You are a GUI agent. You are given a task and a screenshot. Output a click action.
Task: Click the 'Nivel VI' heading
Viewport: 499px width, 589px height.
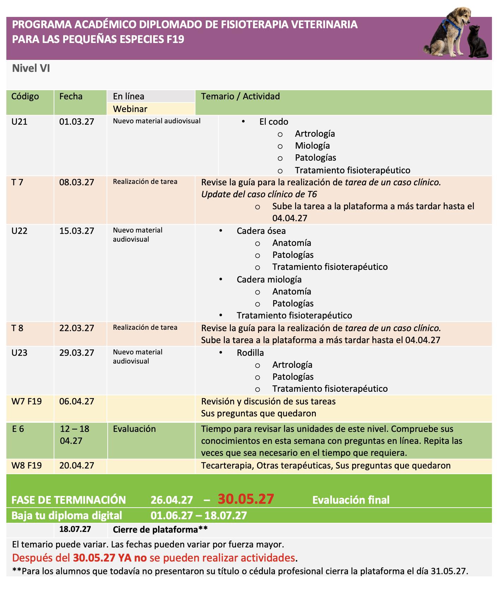[x=31, y=68]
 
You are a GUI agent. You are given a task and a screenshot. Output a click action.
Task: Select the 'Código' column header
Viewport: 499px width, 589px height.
[x=25, y=97]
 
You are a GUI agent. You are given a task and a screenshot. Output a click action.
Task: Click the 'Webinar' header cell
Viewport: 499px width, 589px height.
[x=130, y=109]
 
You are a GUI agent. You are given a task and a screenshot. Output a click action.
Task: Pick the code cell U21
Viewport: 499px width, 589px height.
[x=19, y=122]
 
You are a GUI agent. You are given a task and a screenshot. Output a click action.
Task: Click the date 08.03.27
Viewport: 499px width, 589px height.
[x=77, y=182]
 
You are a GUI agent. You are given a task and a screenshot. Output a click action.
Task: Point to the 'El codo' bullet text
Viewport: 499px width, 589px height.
[x=273, y=122]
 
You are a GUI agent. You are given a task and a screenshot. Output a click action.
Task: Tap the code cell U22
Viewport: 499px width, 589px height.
[x=19, y=231]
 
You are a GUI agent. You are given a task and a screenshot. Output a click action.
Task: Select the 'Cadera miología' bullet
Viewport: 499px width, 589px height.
[x=269, y=280]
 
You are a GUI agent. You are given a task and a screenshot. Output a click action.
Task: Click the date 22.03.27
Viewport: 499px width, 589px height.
[x=77, y=328]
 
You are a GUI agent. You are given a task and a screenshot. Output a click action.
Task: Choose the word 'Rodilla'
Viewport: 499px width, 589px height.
[x=250, y=353]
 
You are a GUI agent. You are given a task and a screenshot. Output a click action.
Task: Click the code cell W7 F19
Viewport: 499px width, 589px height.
[x=26, y=402]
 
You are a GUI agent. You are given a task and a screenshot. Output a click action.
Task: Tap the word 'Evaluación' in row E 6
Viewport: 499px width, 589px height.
[x=134, y=429]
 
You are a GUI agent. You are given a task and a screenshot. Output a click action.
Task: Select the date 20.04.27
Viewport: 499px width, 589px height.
[x=77, y=466]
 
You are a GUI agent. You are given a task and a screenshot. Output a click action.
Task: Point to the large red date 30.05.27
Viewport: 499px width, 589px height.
[x=246, y=499]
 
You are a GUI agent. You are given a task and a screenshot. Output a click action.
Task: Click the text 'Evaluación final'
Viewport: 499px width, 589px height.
[x=351, y=500]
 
